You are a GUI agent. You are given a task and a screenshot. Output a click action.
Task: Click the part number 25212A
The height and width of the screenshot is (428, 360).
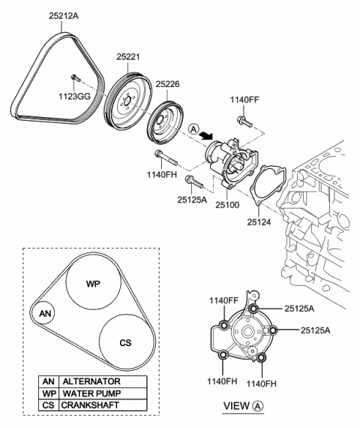[x=64, y=16]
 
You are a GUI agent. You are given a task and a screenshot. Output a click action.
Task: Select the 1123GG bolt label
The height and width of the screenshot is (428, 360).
[x=75, y=96]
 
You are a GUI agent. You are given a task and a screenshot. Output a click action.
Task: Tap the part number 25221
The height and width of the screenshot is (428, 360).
[x=128, y=57]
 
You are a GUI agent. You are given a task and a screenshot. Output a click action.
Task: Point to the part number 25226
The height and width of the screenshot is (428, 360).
[x=168, y=84]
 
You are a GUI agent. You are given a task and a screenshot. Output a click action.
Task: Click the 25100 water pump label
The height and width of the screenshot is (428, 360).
[x=227, y=205]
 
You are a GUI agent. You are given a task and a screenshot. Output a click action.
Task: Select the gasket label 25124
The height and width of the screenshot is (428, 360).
[x=259, y=222]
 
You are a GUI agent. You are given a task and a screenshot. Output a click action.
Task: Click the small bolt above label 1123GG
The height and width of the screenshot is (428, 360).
[x=76, y=78]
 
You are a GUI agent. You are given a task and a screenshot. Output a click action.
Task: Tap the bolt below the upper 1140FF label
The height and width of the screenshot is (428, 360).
[x=245, y=121]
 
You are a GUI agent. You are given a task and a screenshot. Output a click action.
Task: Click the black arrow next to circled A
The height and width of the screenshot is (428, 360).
[x=205, y=134]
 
